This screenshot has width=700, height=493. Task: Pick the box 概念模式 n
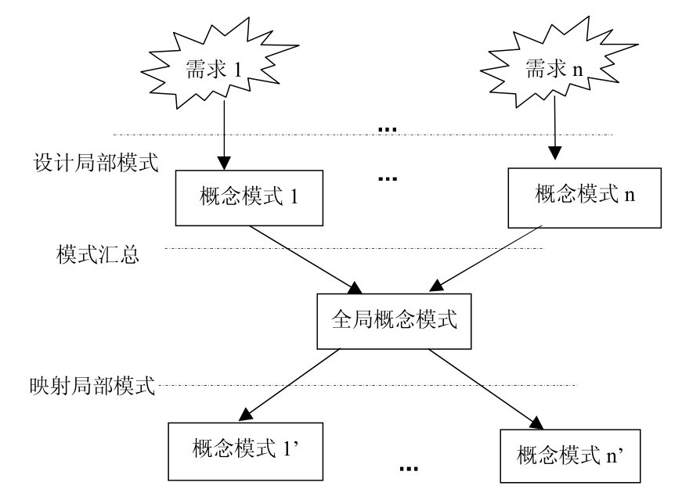pyautogui.click(x=573, y=195)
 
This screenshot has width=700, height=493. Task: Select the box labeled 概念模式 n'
pyautogui.click(x=568, y=455)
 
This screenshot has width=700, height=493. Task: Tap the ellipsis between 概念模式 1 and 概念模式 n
pyautogui.click(x=387, y=178)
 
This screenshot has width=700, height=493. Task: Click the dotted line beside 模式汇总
pyautogui.click(x=352, y=249)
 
